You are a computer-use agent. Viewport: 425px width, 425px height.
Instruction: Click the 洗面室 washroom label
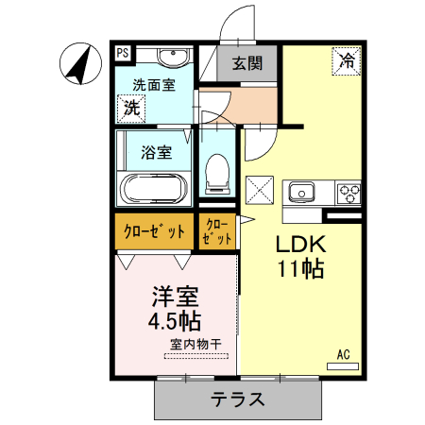click(x=153, y=85)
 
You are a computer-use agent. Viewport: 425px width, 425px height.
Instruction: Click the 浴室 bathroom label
click(x=156, y=150)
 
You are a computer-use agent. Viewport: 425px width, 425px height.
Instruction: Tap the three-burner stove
click(x=348, y=193)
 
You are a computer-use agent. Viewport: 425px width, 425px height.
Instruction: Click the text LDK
click(x=299, y=244)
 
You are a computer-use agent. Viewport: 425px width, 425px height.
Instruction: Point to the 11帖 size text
click(x=300, y=269)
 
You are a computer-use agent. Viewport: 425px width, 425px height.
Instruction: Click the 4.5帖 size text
click(x=174, y=319)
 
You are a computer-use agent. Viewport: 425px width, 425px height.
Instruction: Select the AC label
click(x=344, y=354)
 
